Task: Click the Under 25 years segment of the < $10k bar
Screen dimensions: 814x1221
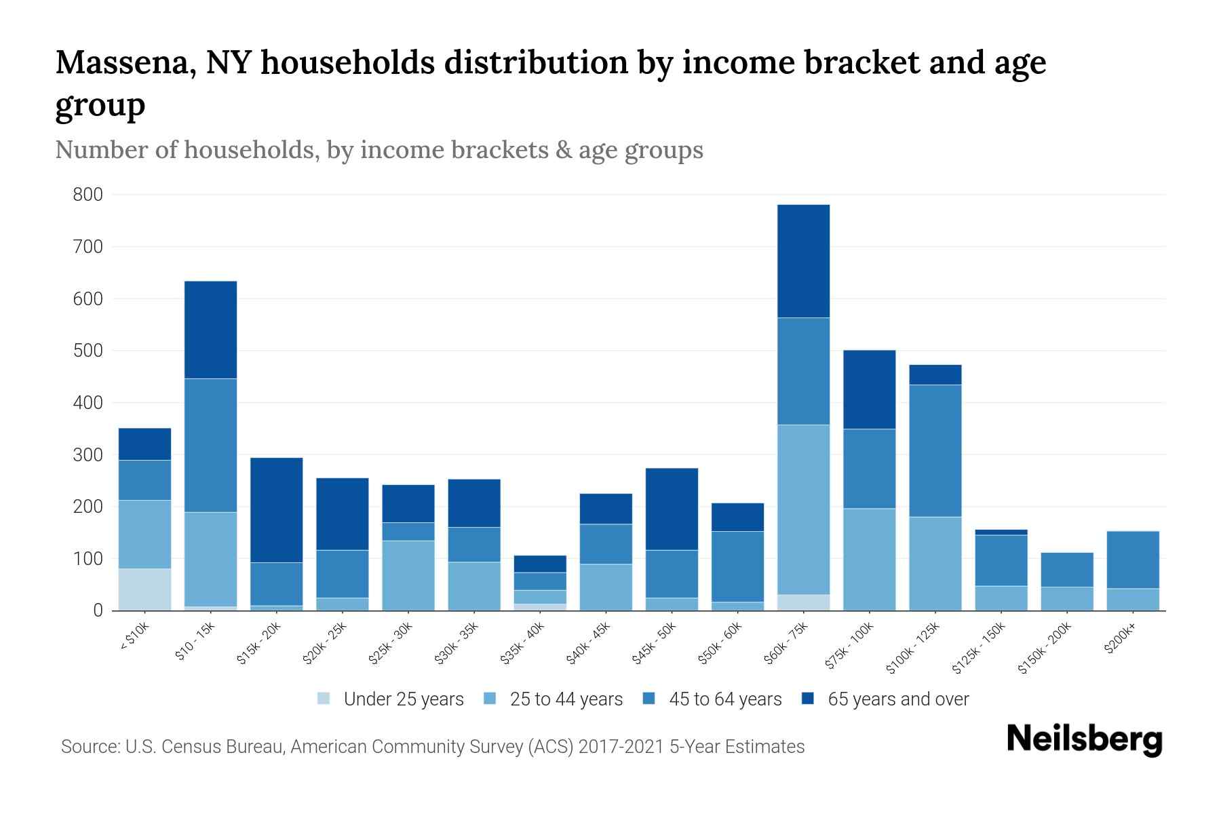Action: coord(144,589)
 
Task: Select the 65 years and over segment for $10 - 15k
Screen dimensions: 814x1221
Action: coord(210,330)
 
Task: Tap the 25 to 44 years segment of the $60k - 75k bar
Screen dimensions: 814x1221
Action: coord(803,509)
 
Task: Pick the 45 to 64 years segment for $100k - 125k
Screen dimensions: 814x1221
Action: coord(935,450)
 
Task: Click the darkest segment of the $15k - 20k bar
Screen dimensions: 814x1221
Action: coord(276,509)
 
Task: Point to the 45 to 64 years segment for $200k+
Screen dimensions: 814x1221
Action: coord(1132,560)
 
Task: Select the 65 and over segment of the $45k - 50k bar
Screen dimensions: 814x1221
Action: coord(672,509)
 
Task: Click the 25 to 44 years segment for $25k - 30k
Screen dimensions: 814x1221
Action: coord(408,575)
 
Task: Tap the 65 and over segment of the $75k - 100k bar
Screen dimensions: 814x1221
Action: coord(869,389)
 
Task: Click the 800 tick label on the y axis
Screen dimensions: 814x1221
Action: coord(88,195)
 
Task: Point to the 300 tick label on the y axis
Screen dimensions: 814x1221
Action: coord(88,455)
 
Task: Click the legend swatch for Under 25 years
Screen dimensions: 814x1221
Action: coord(324,699)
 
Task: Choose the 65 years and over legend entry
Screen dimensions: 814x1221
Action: coord(897,699)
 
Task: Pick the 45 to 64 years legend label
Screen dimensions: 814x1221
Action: coord(724,699)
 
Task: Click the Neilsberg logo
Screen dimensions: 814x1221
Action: coord(1084,739)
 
